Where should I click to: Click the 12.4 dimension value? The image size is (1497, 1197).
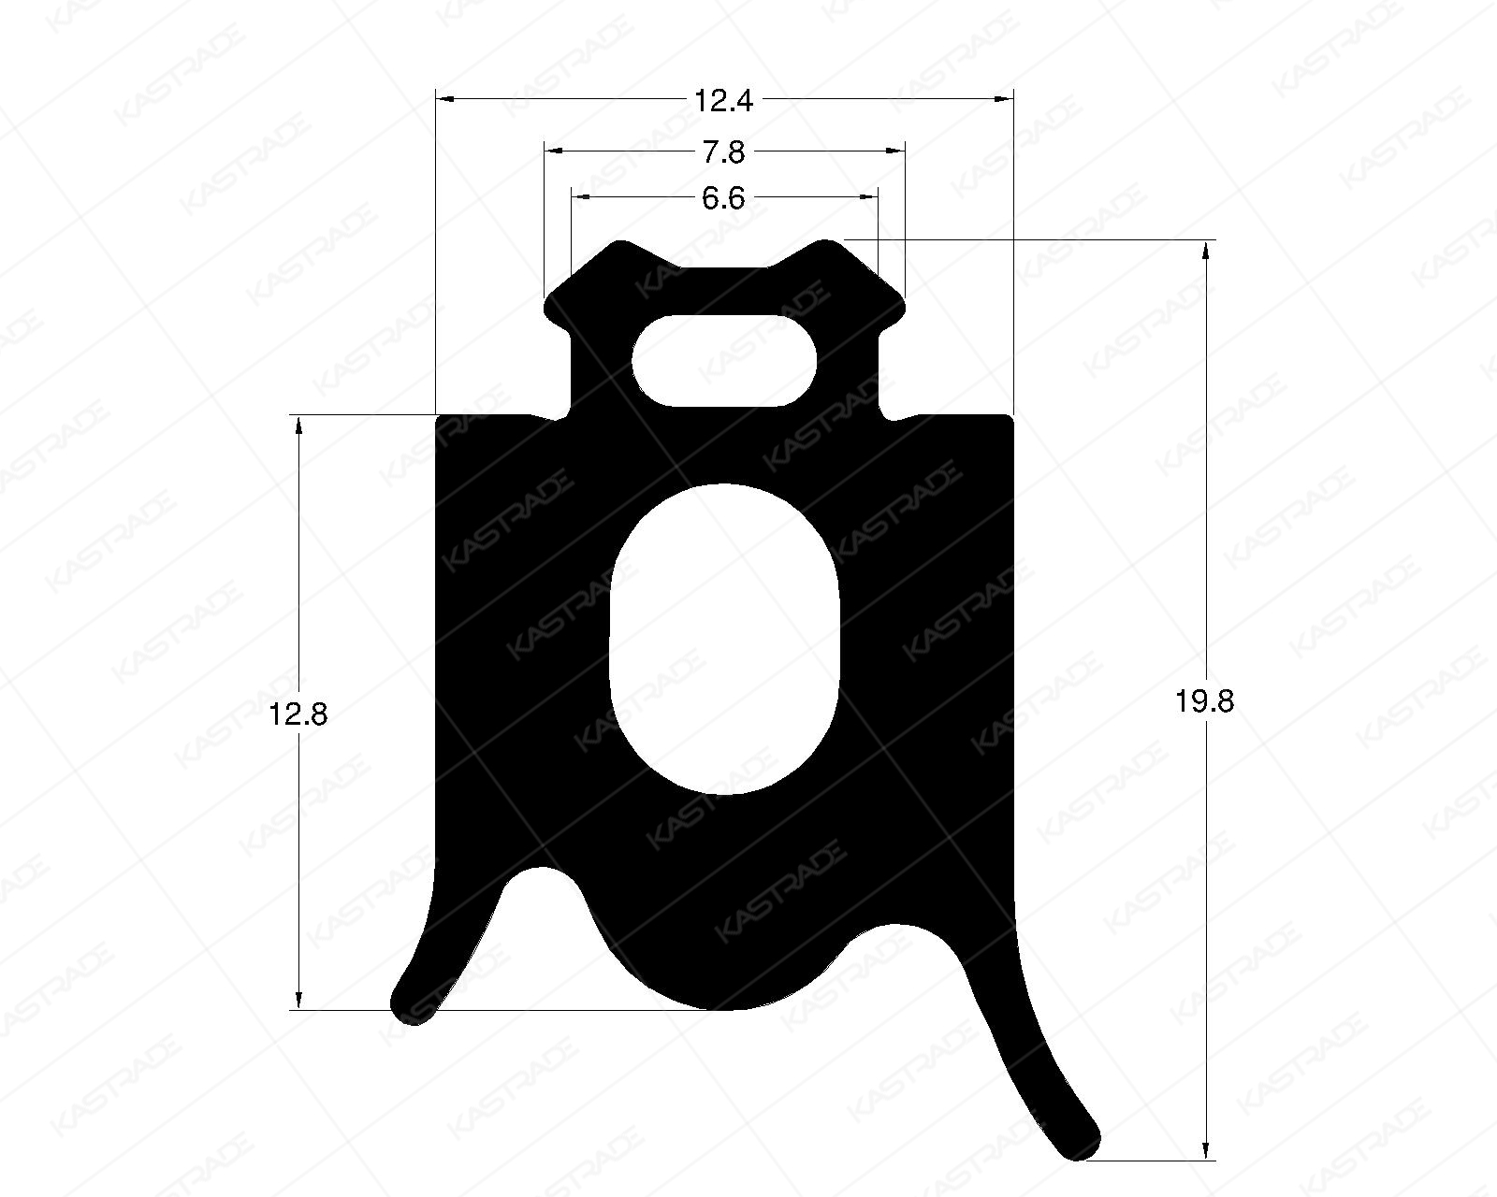[x=723, y=99]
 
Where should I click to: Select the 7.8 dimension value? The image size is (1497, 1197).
[x=723, y=151]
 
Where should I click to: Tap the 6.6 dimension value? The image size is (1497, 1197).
[x=723, y=198]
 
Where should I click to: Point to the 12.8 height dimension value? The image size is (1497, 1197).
[x=298, y=715]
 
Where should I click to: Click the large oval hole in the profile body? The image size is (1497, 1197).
[x=725, y=638]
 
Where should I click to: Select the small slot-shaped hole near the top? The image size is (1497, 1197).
[x=724, y=361]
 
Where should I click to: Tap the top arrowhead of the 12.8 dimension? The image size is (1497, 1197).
[x=299, y=425]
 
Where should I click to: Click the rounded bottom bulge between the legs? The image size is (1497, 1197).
[x=725, y=991]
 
